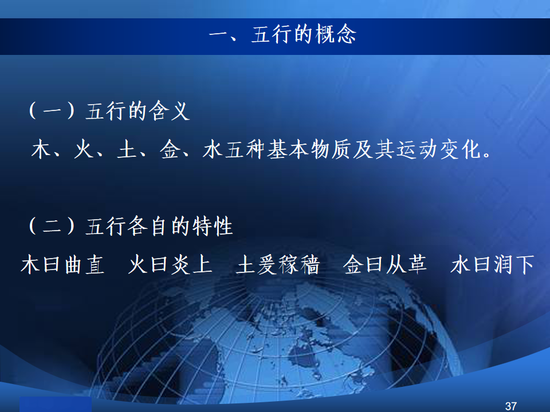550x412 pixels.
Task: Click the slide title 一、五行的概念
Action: pyautogui.click(x=282, y=34)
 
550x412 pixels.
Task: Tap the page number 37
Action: pyautogui.click(x=510, y=406)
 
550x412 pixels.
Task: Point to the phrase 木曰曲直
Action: pyautogui.click(x=63, y=264)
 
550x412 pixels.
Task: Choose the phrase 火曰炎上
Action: pyautogui.click(x=171, y=264)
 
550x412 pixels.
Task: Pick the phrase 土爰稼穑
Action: pyautogui.click(x=278, y=264)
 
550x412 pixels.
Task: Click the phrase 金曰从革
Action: pyautogui.click(x=385, y=264)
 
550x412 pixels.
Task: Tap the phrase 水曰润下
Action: pyautogui.click(x=493, y=264)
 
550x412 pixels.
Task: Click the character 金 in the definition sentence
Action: pyautogui.click(x=170, y=149)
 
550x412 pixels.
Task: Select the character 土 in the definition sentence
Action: pyautogui.click(x=127, y=149)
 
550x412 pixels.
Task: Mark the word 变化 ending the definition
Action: pyautogui.click(x=461, y=149)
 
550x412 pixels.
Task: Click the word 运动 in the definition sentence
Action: pyautogui.click(x=418, y=149)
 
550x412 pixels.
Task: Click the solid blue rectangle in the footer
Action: pyautogui.click(x=56, y=405)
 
